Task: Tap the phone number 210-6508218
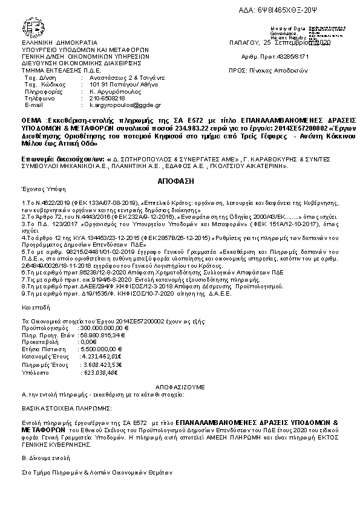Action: (x=93, y=98)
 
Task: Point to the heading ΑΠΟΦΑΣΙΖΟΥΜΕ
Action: (x=180, y=385)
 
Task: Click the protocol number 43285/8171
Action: (x=292, y=56)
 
